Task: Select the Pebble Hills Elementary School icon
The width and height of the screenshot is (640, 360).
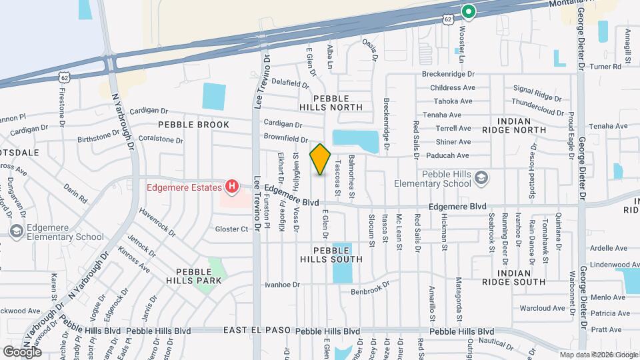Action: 481,178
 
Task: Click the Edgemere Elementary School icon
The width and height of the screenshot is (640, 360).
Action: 17,231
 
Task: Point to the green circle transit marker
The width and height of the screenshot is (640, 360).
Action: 469,11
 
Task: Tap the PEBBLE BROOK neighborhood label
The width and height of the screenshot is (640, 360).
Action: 193,125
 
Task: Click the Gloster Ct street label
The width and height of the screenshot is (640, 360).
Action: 231,229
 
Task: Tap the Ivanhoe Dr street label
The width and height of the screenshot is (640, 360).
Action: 283,285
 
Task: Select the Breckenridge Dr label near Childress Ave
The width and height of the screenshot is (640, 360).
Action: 447,75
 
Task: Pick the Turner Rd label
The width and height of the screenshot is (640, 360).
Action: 605,67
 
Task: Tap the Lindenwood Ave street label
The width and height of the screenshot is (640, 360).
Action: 599,265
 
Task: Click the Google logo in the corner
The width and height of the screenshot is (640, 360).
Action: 22,351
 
